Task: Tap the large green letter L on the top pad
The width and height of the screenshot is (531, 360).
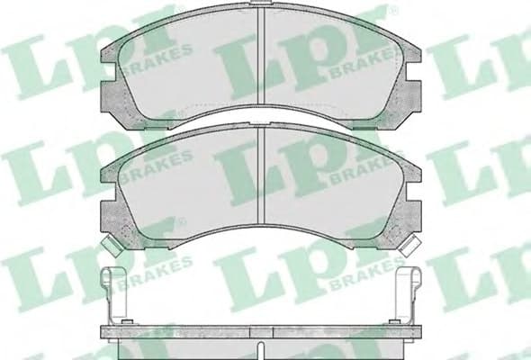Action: tap(247, 67)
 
